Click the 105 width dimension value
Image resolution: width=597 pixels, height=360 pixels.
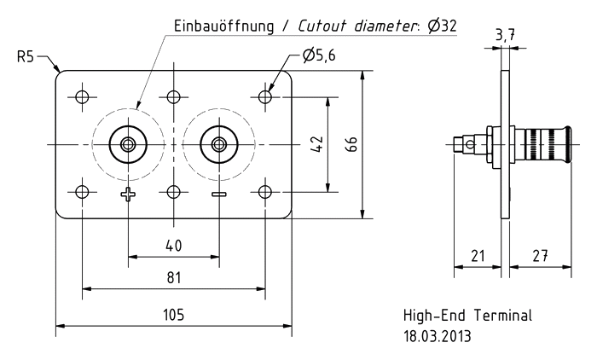[x=174, y=315]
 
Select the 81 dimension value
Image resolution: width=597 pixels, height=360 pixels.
[x=174, y=278]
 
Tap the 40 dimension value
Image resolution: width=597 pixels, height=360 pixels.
[x=174, y=246]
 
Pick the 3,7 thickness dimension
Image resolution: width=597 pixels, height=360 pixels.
[x=504, y=35]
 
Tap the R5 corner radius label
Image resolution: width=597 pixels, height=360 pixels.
[x=26, y=58]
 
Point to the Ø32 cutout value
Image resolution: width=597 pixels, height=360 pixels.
[x=442, y=26]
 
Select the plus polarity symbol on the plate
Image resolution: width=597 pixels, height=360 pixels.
[x=128, y=195]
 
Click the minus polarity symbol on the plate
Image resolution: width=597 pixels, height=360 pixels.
[x=219, y=195]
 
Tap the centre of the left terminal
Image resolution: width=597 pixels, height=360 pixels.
[x=128, y=144]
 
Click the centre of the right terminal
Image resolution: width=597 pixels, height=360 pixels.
[x=219, y=144]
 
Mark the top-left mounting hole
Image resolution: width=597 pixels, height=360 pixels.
[x=82, y=96]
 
